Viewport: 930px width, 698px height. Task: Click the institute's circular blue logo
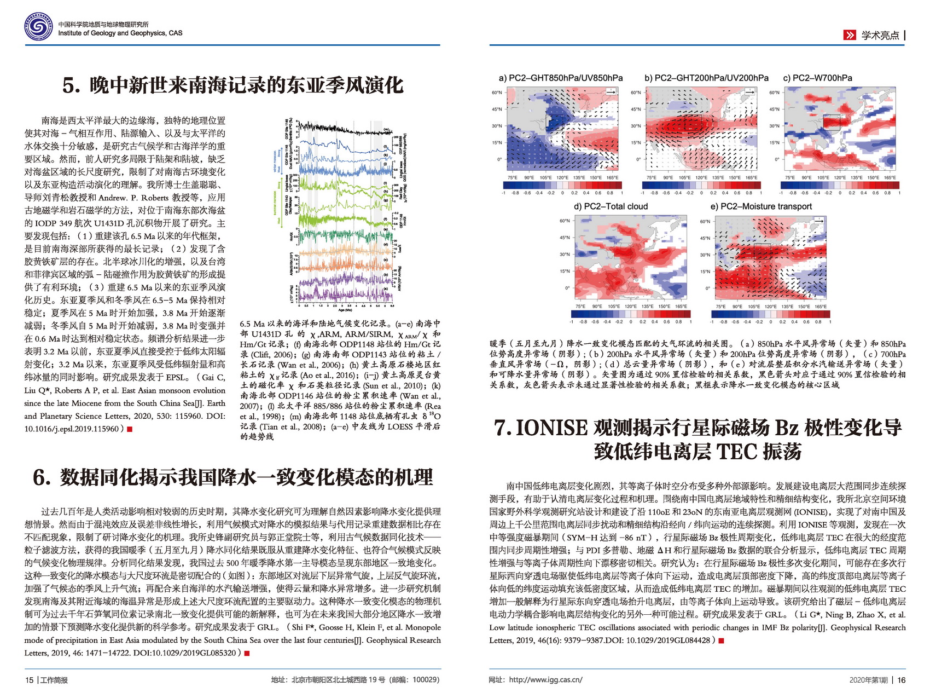(x=39, y=28)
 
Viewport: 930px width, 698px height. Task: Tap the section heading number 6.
(x=42, y=477)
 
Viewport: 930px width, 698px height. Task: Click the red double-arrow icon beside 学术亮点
(x=849, y=36)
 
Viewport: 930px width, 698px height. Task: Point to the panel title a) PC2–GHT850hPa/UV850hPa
(x=560, y=78)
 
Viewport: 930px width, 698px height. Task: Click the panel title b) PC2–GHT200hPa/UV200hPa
(x=706, y=78)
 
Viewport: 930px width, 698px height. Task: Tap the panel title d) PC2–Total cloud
(x=611, y=206)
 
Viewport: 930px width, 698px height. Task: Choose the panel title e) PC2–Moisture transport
(x=760, y=206)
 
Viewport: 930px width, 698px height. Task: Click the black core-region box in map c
(x=831, y=123)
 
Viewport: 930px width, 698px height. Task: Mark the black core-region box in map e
(x=762, y=251)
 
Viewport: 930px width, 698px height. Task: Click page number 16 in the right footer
(x=902, y=680)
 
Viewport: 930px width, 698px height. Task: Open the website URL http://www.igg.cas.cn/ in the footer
(x=545, y=680)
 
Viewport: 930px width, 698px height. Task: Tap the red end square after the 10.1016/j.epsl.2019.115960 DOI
(x=130, y=429)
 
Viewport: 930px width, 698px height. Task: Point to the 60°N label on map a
(x=496, y=93)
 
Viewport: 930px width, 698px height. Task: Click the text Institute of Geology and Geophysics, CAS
(x=120, y=33)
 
